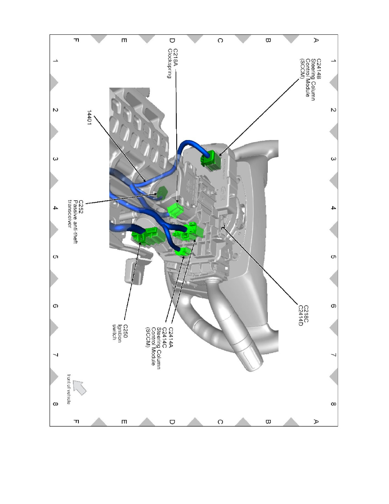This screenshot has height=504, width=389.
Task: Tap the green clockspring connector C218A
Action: click(175, 210)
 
